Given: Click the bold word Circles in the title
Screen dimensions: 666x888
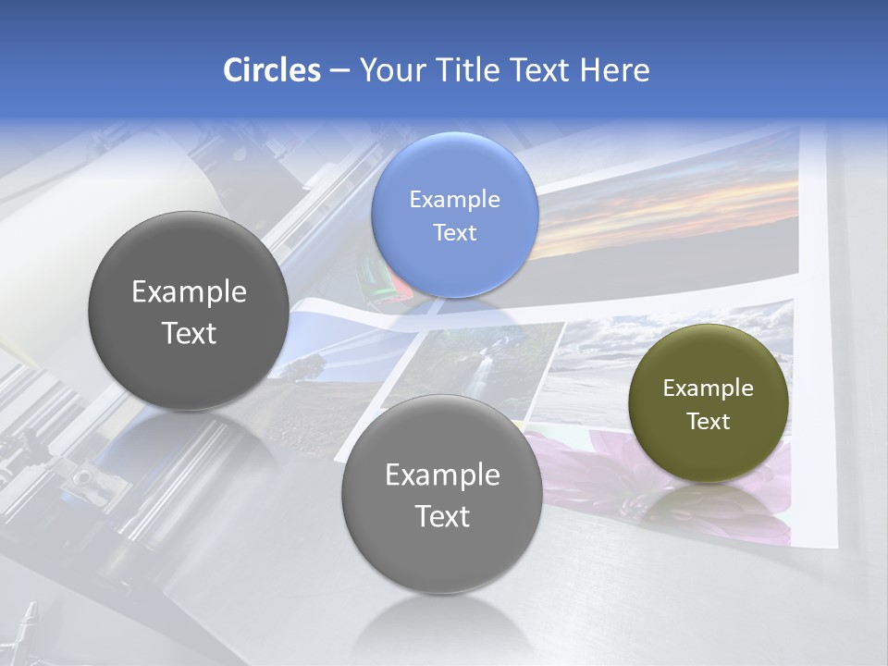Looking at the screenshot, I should click(x=271, y=70).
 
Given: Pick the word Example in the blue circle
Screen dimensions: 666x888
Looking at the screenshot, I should click(x=454, y=200).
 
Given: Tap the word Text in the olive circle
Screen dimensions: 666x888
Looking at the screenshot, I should click(x=709, y=422).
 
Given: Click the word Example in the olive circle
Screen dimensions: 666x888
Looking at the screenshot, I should click(x=708, y=388).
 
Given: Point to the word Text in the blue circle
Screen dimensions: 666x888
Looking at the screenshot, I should click(x=454, y=233).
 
